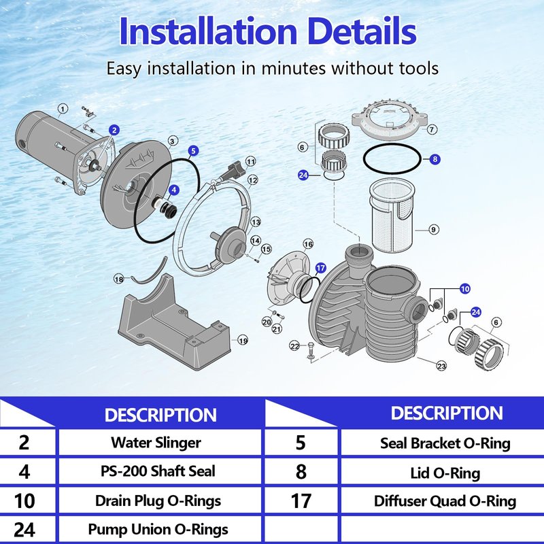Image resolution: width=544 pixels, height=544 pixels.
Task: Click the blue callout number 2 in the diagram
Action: [114, 130]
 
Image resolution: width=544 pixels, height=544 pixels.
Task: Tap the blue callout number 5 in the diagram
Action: [193, 150]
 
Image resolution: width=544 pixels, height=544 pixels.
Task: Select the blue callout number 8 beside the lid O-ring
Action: [435, 159]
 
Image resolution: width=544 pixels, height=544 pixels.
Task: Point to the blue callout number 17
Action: [320, 268]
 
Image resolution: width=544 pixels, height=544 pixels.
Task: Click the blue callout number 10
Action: [465, 288]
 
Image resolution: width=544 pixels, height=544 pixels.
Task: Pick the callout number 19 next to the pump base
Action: [243, 341]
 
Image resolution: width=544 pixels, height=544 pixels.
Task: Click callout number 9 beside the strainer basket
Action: [433, 229]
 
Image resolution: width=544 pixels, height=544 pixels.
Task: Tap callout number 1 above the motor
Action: [63, 109]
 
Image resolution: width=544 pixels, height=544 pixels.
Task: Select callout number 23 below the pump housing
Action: [441, 366]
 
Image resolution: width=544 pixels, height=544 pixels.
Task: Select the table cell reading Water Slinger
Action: [156, 443]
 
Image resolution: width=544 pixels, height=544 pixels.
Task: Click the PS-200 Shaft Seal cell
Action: [158, 471]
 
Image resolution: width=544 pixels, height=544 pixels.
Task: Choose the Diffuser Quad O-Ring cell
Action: [445, 501]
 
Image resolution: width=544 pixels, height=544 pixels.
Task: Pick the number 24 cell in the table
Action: [24, 530]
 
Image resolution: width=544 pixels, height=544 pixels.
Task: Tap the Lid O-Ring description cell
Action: [445, 473]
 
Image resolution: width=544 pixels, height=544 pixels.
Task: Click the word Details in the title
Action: [362, 31]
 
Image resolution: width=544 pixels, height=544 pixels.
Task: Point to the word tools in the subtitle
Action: [419, 68]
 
